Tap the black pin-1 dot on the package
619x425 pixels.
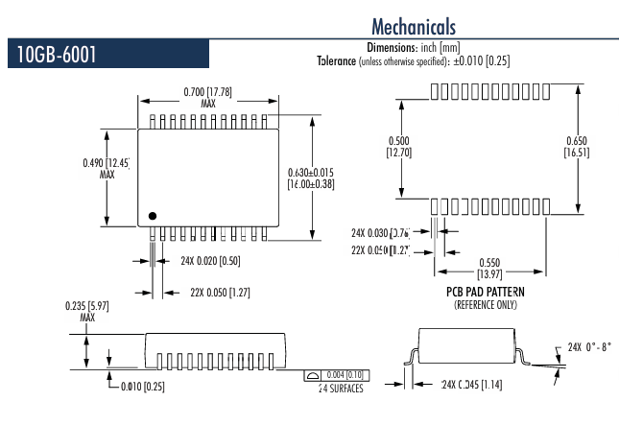coord(151,214)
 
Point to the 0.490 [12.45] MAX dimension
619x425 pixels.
coord(106,168)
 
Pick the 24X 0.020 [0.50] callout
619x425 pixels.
coord(200,260)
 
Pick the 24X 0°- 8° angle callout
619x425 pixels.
coord(588,346)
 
